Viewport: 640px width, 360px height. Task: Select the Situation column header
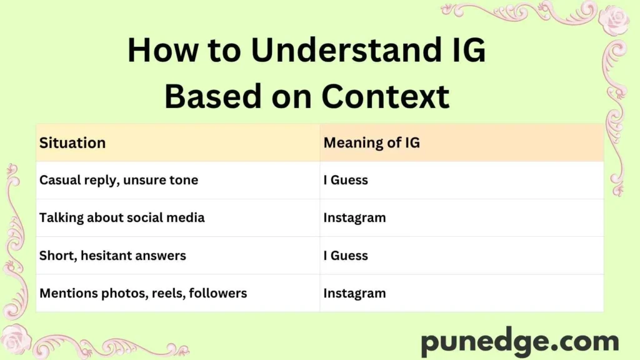pos(72,142)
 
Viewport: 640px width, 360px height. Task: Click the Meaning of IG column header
pos(371,142)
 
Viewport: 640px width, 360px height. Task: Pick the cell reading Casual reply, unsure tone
pos(119,180)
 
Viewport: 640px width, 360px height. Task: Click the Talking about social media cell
pos(122,217)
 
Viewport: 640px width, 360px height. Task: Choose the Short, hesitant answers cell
pos(112,255)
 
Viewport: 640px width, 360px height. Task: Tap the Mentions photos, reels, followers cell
pos(143,292)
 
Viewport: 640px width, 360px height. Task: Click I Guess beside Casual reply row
pos(346,180)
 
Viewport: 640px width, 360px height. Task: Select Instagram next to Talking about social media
pos(354,217)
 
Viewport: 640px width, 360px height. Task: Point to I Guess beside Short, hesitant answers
pos(346,255)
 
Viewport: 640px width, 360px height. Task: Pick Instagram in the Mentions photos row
pos(354,292)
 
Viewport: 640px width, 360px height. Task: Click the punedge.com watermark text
pos(519,342)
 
